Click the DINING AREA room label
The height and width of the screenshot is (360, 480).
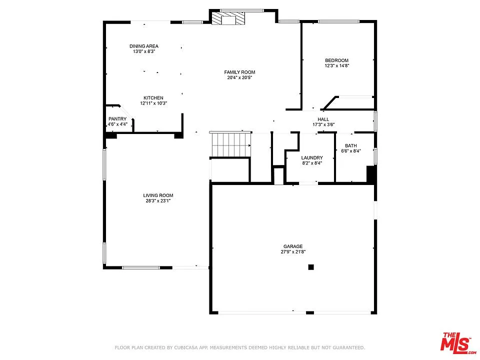[143, 46]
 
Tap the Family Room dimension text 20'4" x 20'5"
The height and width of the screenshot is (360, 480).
[239, 78]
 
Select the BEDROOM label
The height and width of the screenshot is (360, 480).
[336, 60]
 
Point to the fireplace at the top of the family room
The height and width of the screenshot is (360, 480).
[228, 19]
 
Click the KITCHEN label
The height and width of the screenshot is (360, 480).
[153, 97]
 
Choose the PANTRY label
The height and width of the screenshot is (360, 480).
[117, 118]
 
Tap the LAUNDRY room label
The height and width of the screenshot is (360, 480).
[312, 157]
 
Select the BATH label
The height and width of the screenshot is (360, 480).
[350, 145]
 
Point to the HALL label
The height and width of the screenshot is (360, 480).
[323, 119]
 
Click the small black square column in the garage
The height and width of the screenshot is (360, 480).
[311, 267]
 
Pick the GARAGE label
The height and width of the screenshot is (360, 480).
[293, 246]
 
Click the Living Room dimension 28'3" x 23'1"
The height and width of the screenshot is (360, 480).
[158, 201]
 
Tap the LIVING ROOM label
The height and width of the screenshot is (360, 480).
[158, 195]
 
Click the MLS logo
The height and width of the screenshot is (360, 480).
[456, 342]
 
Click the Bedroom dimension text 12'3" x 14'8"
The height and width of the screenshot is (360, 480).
[336, 66]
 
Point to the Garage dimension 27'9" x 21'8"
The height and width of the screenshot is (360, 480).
[293, 252]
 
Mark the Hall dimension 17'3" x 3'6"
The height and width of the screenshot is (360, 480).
[323, 124]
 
